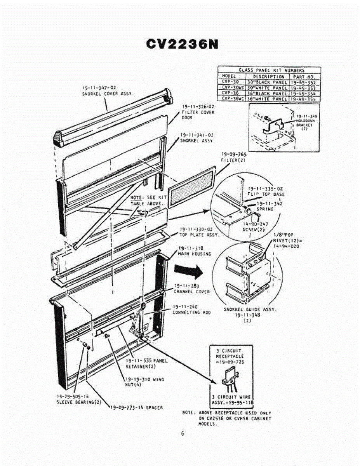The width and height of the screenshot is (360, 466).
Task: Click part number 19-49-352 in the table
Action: pos(305,82)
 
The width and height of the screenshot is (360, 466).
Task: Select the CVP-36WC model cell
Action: pos(232,99)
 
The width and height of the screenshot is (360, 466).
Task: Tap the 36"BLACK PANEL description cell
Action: pos(267,94)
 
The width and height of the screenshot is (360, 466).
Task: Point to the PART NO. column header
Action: pos(305,77)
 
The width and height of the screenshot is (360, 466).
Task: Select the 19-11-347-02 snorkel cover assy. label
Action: pos(108,91)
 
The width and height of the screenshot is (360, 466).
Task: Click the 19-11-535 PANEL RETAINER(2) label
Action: pos(146,363)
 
